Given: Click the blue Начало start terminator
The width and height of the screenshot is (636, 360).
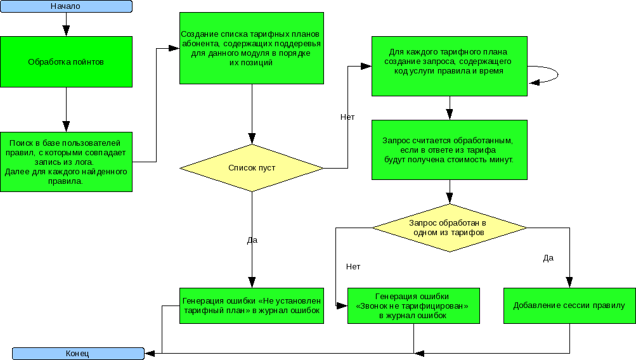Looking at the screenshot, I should point(66,6).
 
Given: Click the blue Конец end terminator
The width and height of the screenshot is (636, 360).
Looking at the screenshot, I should point(78,353).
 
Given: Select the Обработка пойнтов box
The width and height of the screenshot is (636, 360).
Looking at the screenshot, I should point(66,61).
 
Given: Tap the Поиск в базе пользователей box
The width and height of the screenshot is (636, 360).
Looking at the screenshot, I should point(66,162).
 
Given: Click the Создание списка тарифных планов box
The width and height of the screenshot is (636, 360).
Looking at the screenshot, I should point(252,48).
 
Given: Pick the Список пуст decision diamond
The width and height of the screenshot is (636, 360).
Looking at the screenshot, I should point(252,168).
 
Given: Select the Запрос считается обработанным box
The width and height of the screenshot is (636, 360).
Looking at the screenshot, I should point(449,150).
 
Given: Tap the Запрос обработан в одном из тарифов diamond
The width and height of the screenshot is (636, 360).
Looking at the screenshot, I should point(449,228).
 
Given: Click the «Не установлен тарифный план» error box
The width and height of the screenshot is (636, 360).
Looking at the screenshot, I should point(252,305).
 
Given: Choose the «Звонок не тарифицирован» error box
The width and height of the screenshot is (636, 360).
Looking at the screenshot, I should point(413,305).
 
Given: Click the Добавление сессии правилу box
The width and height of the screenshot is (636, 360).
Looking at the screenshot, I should point(569,305).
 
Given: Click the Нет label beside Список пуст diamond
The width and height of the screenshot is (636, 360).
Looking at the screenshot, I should point(347,117).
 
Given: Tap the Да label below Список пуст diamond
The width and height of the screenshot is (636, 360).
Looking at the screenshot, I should point(252,240).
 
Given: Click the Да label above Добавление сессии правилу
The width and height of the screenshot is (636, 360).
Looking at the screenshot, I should point(548,257).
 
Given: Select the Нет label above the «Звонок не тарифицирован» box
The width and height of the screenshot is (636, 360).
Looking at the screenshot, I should point(353,266).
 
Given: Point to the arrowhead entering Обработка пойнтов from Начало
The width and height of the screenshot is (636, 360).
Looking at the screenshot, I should point(66,31).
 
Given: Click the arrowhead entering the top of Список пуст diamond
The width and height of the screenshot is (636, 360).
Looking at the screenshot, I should point(252,139).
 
